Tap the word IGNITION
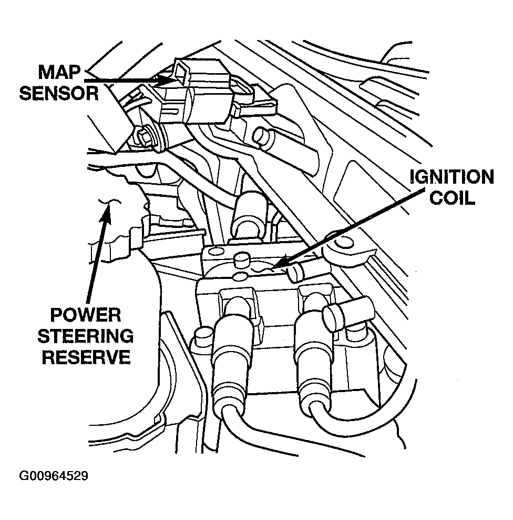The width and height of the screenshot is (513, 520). (x=452, y=177)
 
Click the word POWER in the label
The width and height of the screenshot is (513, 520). (x=86, y=316)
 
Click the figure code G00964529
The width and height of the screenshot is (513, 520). (x=54, y=476)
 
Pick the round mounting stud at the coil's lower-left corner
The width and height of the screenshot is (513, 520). (x=201, y=334)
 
